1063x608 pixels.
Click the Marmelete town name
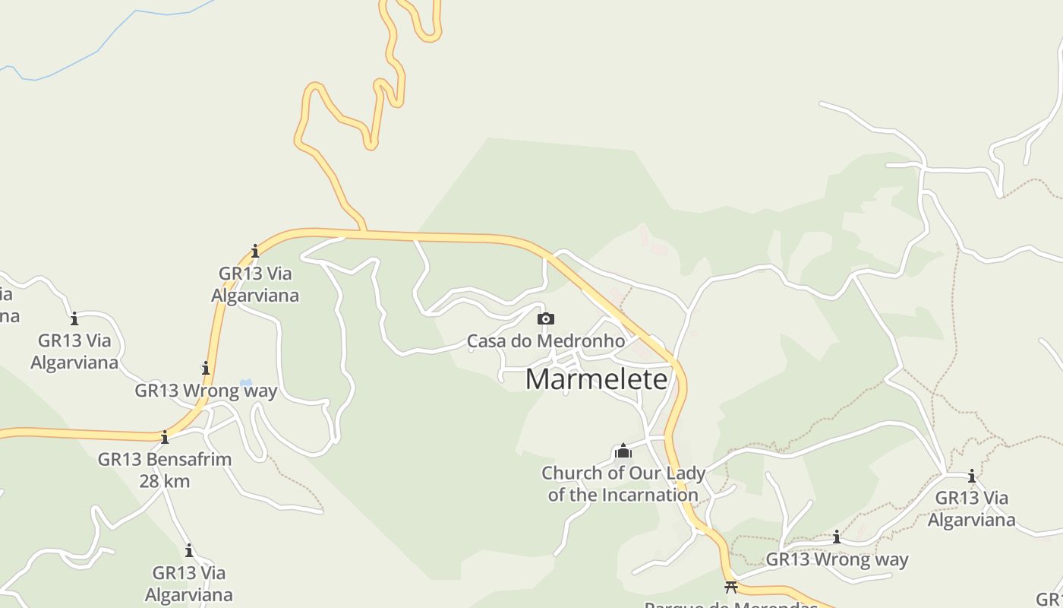[596, 379]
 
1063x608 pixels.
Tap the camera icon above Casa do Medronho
[545, 318]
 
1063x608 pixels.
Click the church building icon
[623, 451]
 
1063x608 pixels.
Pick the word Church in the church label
[571, 473]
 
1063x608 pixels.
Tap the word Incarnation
[649, 496]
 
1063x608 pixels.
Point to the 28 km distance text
[165, 481]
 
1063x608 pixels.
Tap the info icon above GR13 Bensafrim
[165, 437]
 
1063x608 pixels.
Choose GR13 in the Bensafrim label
[119, 460]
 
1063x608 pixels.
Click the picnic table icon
[731, 587]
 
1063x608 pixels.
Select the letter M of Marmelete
[538, 379]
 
